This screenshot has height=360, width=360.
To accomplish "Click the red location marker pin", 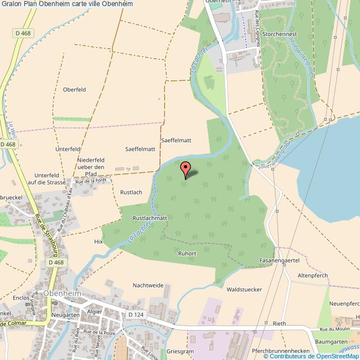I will (186, 168).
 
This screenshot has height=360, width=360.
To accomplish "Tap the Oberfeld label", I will (74, 89).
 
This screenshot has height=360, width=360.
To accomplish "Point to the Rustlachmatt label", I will (150, 218).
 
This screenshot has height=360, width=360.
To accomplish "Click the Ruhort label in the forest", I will (187, 253).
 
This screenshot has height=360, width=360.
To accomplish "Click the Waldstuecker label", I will (244, 289).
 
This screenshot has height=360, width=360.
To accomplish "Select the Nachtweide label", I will (148, 285).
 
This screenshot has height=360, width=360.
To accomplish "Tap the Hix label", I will (99, 241).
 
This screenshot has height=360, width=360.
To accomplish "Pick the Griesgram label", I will (181, 351).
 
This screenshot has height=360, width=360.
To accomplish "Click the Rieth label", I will (279, 323).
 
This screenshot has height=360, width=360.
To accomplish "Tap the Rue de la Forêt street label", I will (90, 180).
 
